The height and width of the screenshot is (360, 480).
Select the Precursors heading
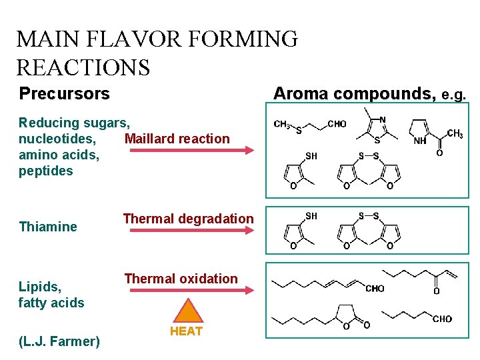click(x=64, y=93)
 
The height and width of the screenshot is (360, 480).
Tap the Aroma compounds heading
click(x=355, y=93)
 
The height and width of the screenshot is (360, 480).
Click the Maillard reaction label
click(x=177, y=139)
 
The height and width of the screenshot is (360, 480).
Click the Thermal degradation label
click(x=188, y=219)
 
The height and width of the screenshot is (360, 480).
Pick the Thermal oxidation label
click(x=181, y=279)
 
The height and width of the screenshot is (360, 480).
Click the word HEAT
click(x=187, y=331)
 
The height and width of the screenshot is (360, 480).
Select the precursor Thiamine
click(x=48, y=227)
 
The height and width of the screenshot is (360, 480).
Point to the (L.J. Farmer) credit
click(x=59, y=341)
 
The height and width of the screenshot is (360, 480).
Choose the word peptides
click(x=46, y=171)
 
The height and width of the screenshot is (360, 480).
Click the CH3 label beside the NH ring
click(x=455, y=134)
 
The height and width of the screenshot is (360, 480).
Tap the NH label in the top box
click(x=420, y=141)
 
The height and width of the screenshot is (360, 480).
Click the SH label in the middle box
click(x=311, y=215)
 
